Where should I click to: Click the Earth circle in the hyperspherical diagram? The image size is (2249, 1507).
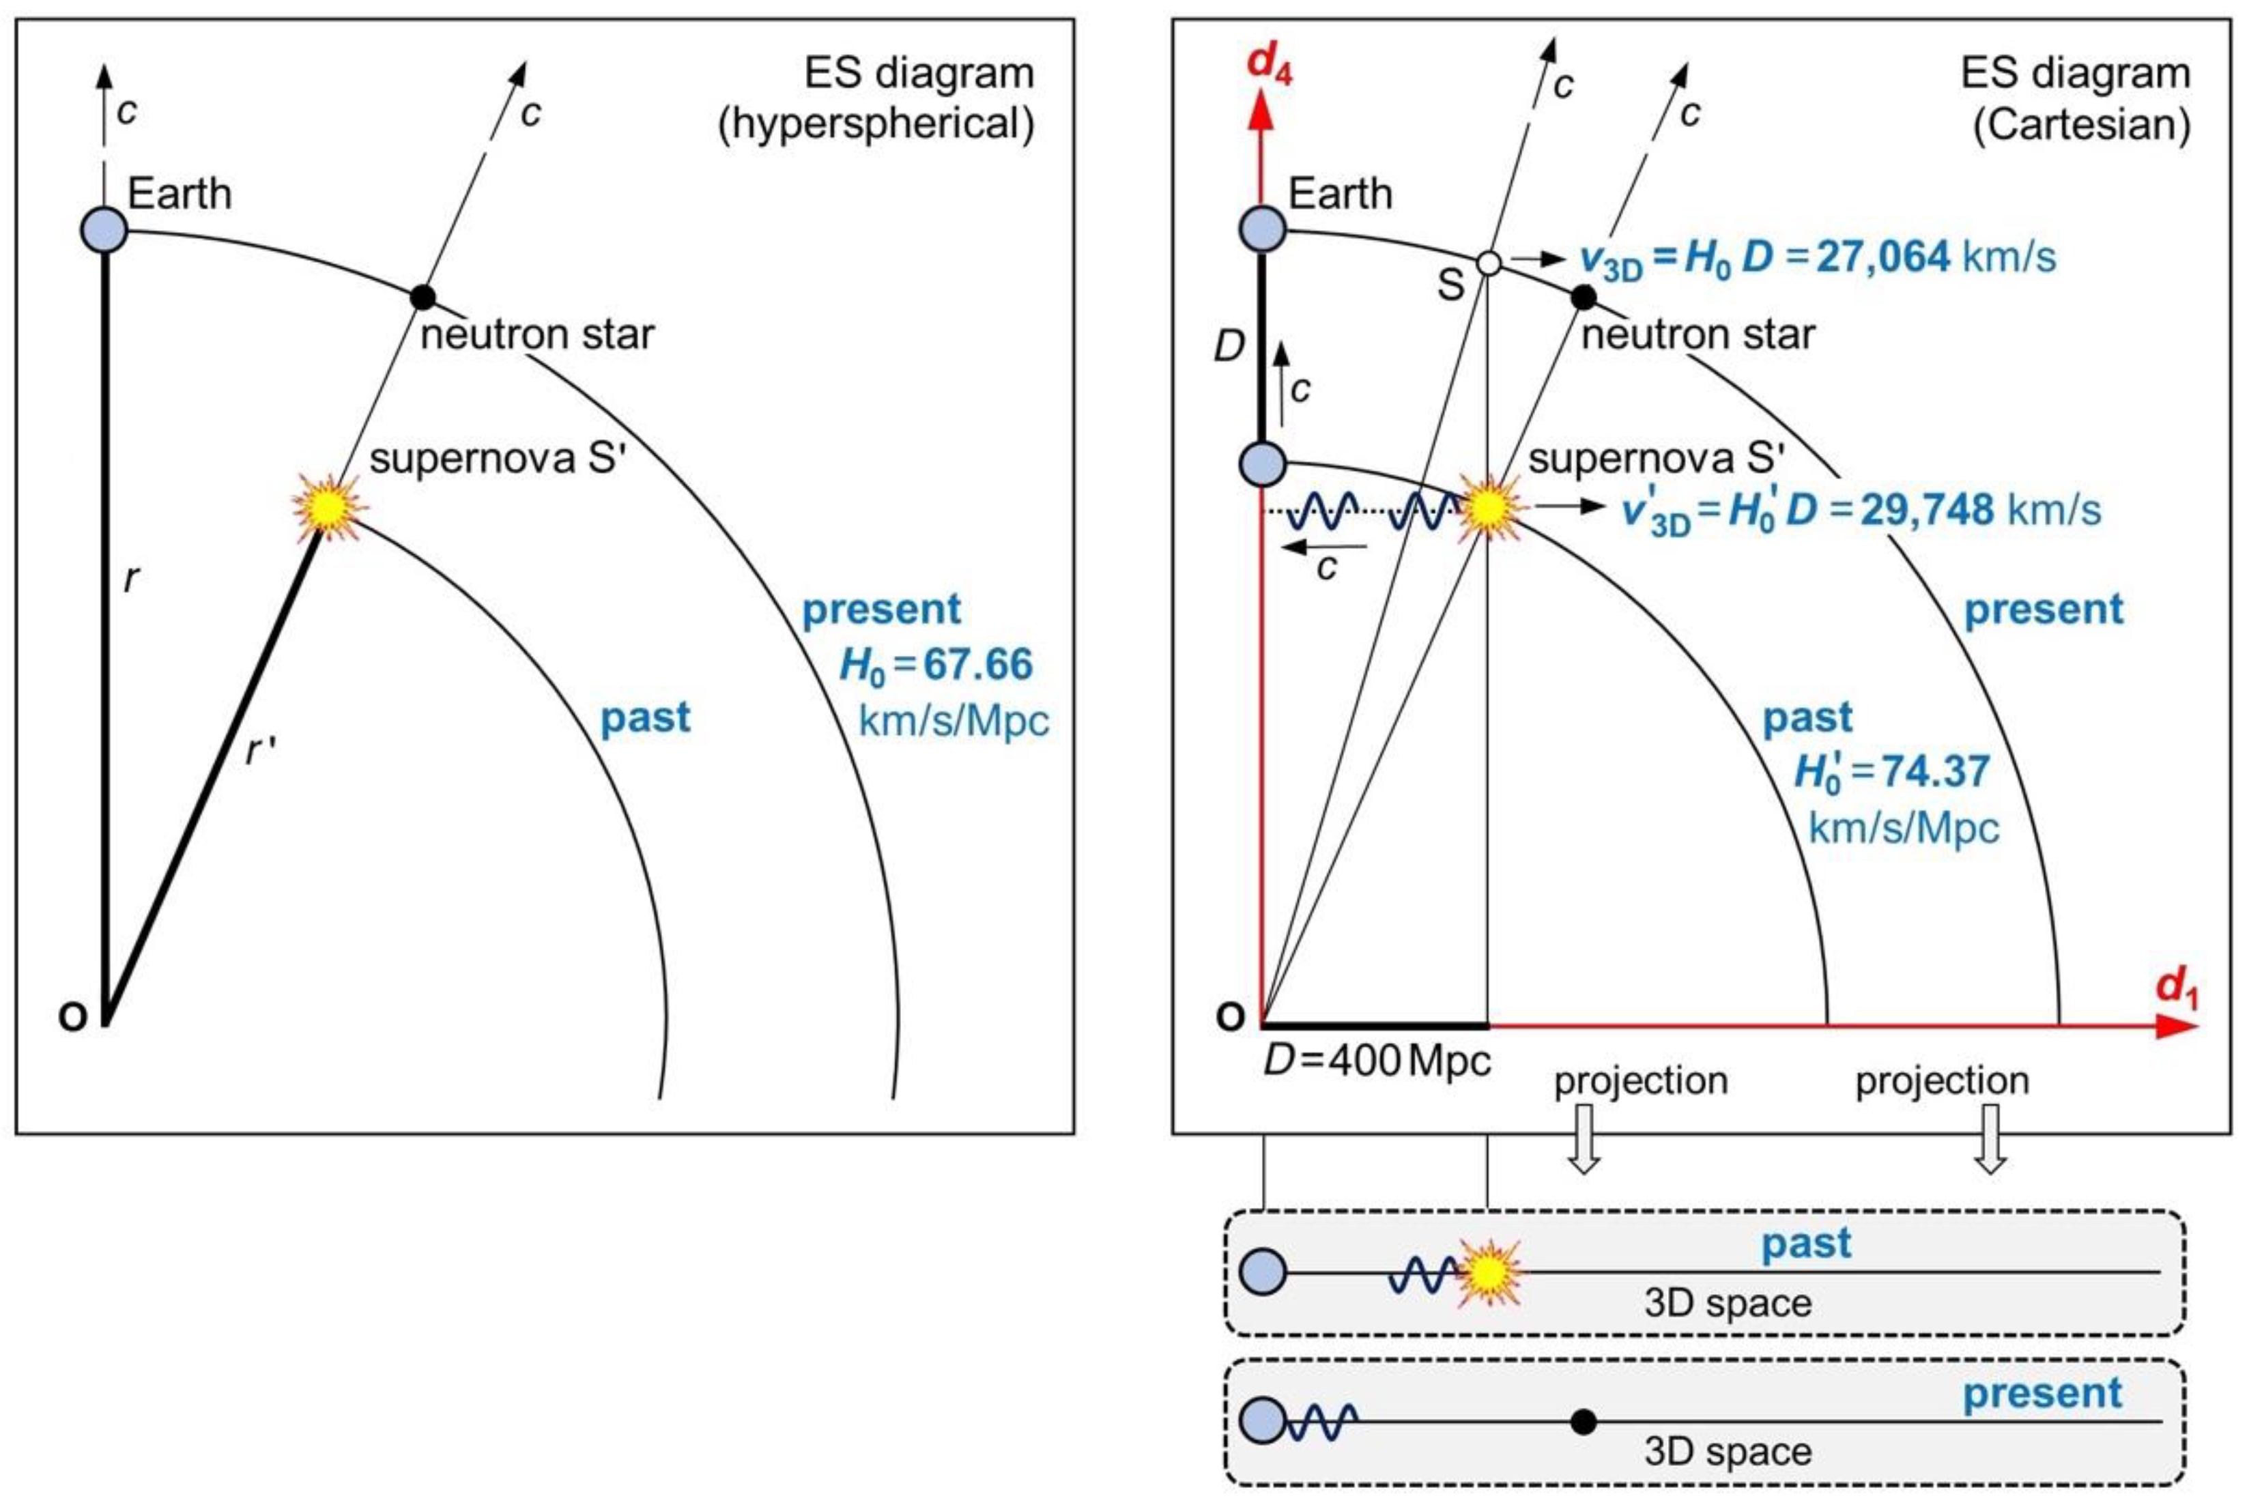click(x=104, y=231)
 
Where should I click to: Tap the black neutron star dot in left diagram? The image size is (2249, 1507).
click(x=423, y=297)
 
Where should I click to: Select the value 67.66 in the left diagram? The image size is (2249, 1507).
click(x=977, y=664)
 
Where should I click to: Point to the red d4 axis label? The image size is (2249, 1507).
click(x=1269, y=66)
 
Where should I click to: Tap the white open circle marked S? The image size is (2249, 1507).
click(x=1488, y=262)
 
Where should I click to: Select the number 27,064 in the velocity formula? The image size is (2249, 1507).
click(x=1883, y=257)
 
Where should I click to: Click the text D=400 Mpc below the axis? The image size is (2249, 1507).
click(x=1376, y=1061)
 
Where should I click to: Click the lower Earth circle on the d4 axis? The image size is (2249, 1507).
click(x=1263, y=464)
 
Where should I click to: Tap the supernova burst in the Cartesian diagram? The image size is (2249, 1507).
click(x=1488, y=508)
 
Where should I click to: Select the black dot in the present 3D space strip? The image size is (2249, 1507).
click(x=1584, y=1422)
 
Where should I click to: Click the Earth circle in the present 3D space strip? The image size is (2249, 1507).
click(x=1263, y=1420)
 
